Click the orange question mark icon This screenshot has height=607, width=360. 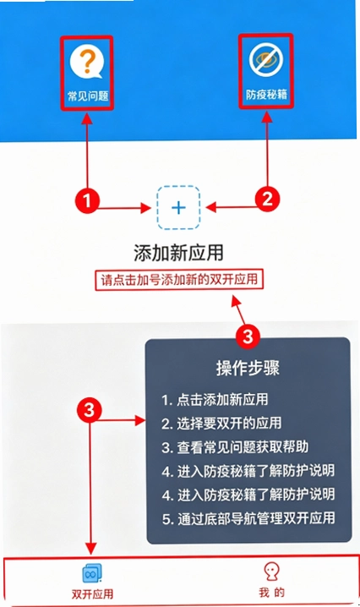point(87,62)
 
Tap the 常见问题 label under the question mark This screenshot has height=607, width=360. point(88,96)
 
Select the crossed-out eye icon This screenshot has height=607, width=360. point(266,59)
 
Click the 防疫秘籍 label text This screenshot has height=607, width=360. point(267,95)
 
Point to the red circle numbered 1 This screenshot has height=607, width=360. point(87,200)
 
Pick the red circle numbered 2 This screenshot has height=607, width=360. point(267,199)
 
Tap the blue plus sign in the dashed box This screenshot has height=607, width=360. point(178,208)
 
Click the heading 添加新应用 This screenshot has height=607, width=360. point(178,253)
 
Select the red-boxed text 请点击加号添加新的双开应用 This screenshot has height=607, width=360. point(179,279)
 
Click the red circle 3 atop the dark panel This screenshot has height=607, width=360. point(248,336)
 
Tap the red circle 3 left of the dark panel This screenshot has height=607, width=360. point(89,409)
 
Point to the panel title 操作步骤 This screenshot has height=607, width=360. point(248,368)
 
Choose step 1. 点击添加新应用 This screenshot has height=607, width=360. point(215,400)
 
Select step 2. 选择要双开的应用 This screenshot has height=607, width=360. point(221,424)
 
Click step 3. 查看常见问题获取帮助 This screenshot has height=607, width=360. point(235,447)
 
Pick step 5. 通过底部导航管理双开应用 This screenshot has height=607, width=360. point(248,518)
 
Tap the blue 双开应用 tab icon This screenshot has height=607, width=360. point(92,573)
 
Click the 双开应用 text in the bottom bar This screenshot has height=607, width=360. point(92,593)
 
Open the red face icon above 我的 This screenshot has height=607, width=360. point(272,571)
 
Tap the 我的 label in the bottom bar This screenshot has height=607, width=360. point(272,593)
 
